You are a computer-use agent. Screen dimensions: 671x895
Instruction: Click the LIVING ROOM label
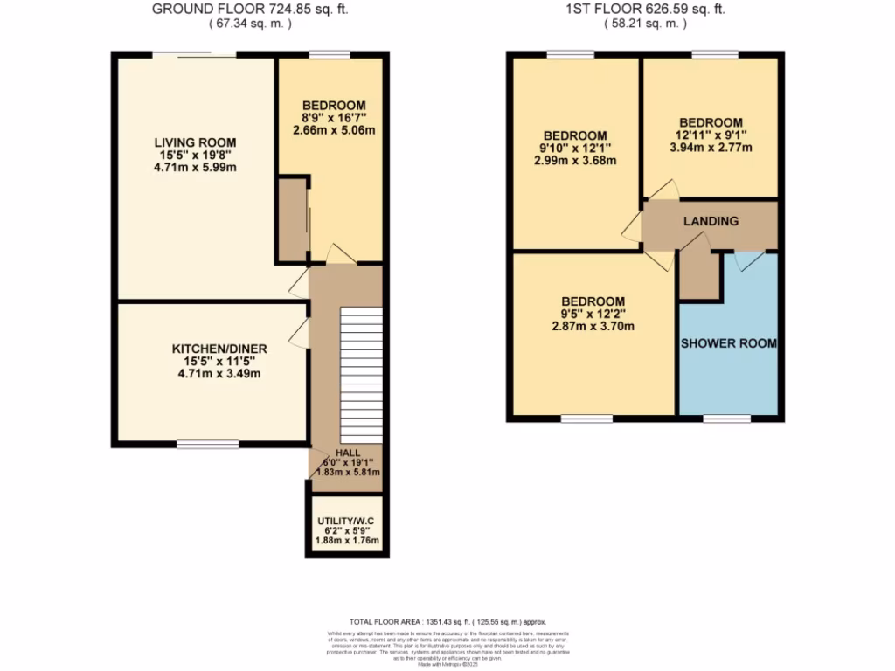click(195, 142)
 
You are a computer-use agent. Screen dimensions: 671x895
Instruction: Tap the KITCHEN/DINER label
click(219, 349)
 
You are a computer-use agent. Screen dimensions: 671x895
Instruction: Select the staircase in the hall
click(361, 376)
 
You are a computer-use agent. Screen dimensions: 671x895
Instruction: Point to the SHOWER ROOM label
click(728, 343)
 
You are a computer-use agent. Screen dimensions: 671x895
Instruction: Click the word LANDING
click(711, 221)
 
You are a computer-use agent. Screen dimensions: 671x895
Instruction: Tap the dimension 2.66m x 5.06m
click(334, 131)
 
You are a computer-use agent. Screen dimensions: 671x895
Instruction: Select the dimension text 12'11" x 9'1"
click(711, 135)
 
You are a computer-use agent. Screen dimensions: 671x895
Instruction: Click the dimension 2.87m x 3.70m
click(593, 327)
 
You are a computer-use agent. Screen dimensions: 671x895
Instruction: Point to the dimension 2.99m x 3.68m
click(575, 160)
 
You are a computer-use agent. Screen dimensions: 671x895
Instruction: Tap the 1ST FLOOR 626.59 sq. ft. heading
click(646, 10)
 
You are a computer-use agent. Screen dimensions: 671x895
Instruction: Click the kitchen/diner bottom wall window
click(207, 444)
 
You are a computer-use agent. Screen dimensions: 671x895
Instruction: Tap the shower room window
click(727, 419)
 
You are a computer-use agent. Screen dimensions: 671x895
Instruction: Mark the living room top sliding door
click(194, 56)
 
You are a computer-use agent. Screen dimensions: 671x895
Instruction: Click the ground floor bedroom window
click(329, 56)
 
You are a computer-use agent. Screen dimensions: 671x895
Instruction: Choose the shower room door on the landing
click(749, 259)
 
